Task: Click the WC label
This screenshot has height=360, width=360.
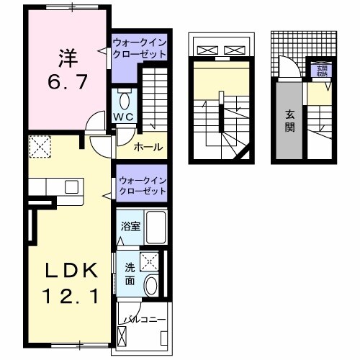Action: coord(122,116)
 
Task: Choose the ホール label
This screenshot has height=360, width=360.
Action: coord(148,147)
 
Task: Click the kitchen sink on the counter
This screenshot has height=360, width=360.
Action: coord(71,186)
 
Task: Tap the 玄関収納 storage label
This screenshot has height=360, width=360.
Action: coord(320,70)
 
